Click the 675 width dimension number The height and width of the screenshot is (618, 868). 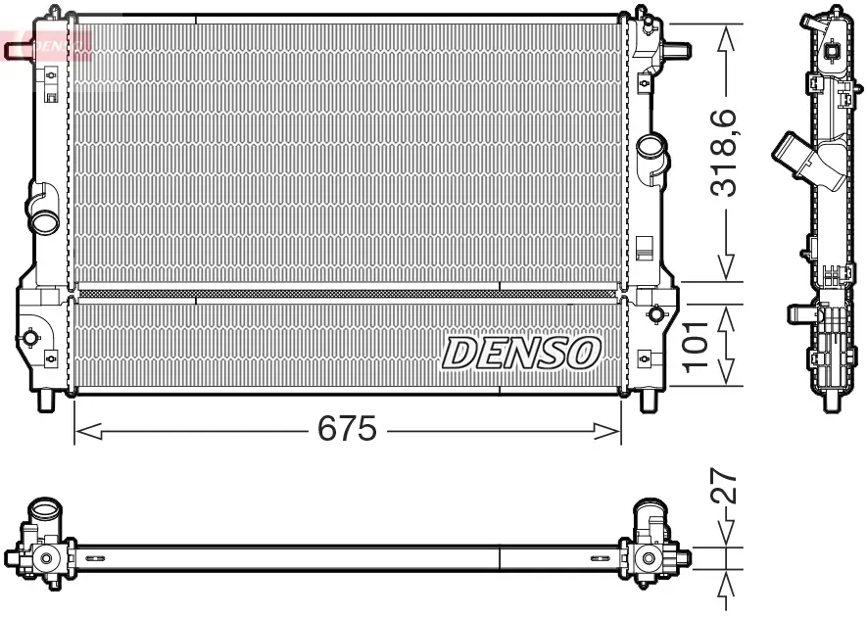(347, 428)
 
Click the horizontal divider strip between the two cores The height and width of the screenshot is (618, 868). (347, 293)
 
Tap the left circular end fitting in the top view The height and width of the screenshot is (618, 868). (44, 558)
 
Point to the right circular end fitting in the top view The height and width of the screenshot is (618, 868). (648, 558)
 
